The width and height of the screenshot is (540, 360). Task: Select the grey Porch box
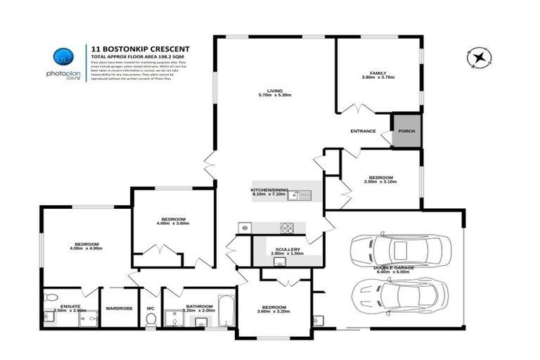[406, 131]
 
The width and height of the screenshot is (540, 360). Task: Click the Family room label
[379, 73]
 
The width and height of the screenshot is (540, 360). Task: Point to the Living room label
[274, 89]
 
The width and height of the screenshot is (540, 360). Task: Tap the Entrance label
[363, 131]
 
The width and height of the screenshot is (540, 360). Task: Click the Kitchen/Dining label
[270, 191]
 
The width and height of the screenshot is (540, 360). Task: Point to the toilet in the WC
[150, 319]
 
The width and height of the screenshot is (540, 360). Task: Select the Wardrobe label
[120, 307]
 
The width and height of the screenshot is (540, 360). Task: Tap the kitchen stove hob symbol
[288, 227]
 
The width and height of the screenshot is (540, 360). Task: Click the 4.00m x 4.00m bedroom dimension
[86, 247]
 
